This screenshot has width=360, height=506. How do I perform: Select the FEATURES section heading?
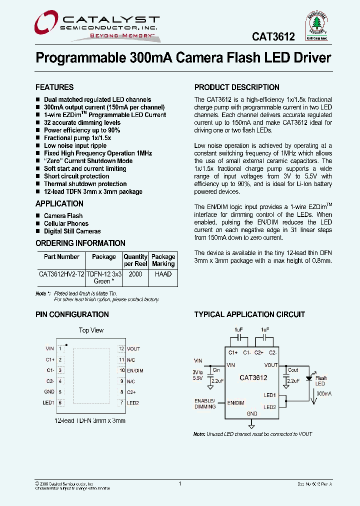coord(54,87)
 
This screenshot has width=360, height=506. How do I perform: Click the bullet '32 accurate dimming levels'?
coord(82,122)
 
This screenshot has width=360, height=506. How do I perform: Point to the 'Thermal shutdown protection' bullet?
coord(85,184)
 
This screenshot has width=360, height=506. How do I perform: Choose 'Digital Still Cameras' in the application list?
coord(72,231)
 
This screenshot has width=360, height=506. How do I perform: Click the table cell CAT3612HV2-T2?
coord(61,274)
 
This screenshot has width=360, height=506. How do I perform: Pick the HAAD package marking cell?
coord(163,274)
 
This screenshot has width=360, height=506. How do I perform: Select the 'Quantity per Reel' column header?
coord(135,260)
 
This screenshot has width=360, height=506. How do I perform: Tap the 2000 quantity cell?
coord(135,274)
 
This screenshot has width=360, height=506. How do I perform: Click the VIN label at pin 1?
coord(49,348)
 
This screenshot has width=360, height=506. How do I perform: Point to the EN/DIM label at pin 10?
coord(135,370)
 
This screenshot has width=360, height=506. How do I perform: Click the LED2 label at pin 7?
coord(132,402)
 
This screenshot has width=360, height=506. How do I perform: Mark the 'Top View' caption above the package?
coord(91,330)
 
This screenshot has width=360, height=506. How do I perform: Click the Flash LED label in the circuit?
coord(320,381)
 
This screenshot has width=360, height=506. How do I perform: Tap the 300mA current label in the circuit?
coord(324,394)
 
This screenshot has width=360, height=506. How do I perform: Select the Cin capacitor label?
coord(216,370)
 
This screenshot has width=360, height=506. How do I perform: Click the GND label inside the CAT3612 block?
coord(252,413)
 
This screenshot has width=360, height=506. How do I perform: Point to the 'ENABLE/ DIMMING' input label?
coord(205,403)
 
